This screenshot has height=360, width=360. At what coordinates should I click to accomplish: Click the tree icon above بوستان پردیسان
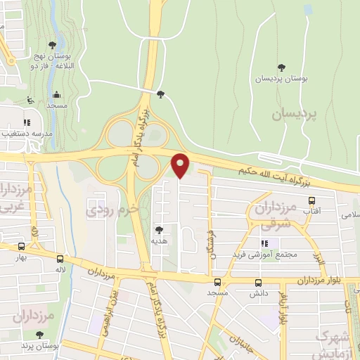click(281, 67)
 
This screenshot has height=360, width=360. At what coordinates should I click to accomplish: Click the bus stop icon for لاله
click(60, 258)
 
